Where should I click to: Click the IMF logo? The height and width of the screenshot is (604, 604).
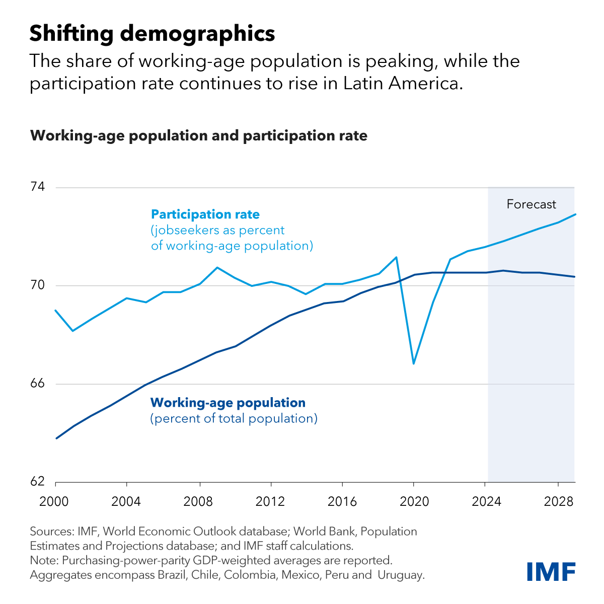click(551, 571)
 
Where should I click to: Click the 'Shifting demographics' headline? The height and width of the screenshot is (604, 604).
click(152, 34)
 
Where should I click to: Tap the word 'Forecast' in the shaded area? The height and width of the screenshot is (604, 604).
click(531, 204)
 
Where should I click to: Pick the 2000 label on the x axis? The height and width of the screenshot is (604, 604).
click(55, 501)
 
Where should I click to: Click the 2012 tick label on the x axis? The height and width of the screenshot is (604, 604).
click(271, 501)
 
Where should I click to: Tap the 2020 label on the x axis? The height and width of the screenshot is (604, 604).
click(413, 501)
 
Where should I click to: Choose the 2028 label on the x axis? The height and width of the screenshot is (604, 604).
click(558, 501)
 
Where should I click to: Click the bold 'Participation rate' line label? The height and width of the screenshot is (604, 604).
click(205, 214)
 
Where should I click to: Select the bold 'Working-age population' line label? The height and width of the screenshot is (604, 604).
click(228, 403)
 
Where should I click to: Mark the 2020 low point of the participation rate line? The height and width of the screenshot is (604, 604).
click(413, 363)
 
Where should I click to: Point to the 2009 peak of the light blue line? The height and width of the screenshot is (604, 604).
click(217, 267)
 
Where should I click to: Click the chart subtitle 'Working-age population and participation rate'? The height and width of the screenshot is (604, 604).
click(199, 136)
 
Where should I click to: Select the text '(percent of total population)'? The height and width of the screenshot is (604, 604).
click(234, 419)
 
